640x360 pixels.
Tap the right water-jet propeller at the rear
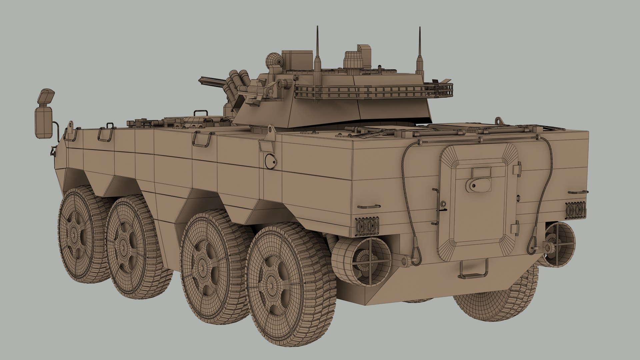[557, 245]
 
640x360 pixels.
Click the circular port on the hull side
[271, 161]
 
